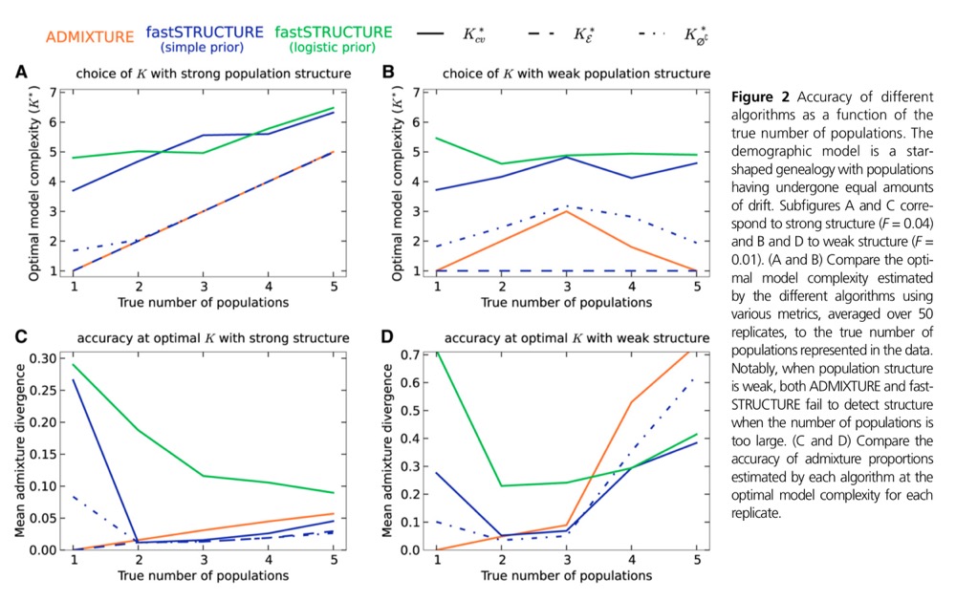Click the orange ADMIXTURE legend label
[89, 36]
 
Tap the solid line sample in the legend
[432, 35]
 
